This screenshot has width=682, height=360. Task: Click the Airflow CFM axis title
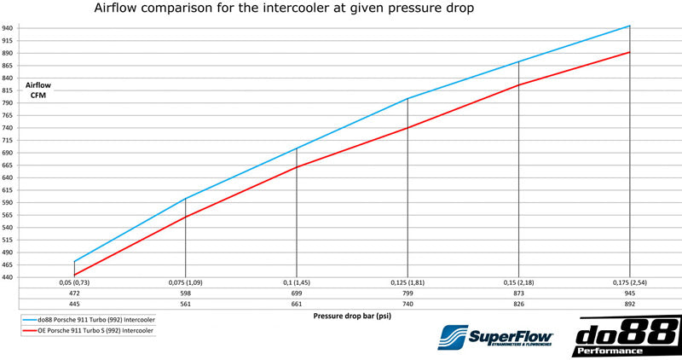[38, 90]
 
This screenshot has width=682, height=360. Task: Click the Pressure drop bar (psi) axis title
[352, 316]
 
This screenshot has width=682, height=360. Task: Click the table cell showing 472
[75, 292]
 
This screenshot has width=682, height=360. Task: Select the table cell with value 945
[629, 292]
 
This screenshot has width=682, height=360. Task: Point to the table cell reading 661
[297, 303]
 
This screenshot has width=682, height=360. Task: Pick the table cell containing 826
[518, 303]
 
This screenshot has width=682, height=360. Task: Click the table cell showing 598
[186, 292]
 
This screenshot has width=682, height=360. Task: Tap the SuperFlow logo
[495, 337]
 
